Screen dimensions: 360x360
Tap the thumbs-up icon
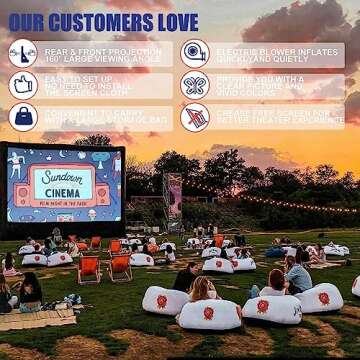(22, 84)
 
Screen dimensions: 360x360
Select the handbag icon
(22, 117)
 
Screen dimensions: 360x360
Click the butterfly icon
(195, 84)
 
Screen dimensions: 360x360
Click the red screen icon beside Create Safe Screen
(195, 117)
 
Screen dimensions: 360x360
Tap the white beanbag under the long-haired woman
(208, 312)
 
